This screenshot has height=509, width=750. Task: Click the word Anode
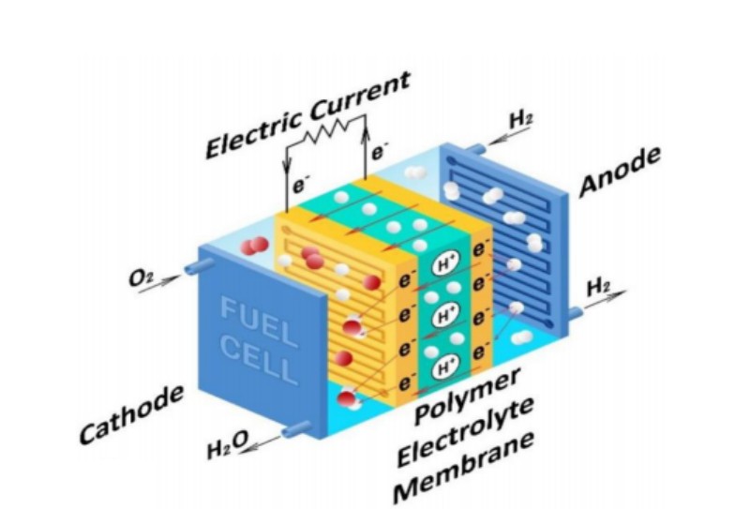click(620, 172)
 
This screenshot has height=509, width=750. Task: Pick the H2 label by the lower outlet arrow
click(597, 287)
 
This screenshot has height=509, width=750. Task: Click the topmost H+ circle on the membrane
click(444, 266)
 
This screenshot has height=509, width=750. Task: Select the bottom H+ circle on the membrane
click(444, 365)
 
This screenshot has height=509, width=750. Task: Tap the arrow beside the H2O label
click(263, 441)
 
